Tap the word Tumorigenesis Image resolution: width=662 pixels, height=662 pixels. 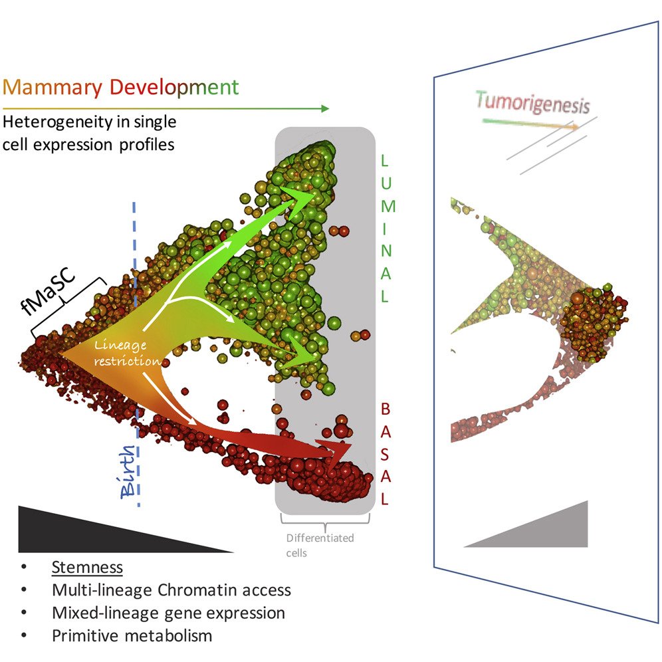[x=532, y=103]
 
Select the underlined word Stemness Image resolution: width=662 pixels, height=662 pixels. [x=86, y=568]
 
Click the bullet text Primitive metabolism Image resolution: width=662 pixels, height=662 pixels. [x=132, y=635]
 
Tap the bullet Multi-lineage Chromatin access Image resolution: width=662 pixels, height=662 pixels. [x=171, y=590]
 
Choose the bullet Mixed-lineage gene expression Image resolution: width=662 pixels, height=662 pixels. [x=167, y=613]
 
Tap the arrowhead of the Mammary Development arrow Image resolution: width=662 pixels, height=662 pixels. [x=324, y=108]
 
